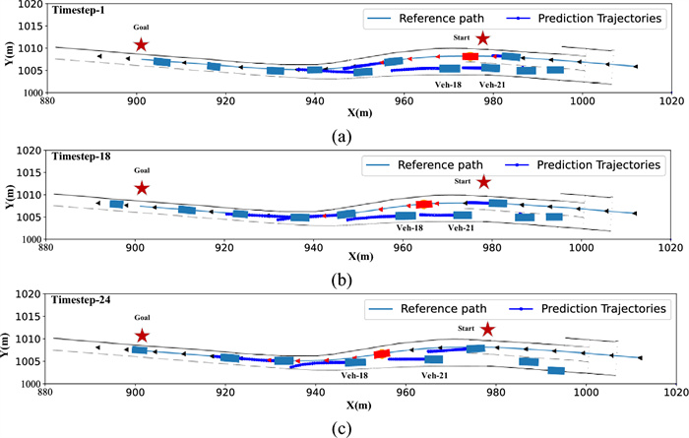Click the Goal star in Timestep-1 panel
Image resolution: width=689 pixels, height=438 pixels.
point(141,44)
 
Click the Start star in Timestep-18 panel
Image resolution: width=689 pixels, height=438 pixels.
point(483,182)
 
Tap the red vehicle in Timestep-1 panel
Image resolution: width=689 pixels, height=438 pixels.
point(470,57)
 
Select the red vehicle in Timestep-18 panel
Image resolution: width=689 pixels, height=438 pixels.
point(424,205)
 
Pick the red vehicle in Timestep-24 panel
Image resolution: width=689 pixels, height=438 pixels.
point(383,353)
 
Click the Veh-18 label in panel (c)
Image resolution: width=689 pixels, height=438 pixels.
point(354,375)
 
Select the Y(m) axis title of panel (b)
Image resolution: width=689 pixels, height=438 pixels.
point(9,198)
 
